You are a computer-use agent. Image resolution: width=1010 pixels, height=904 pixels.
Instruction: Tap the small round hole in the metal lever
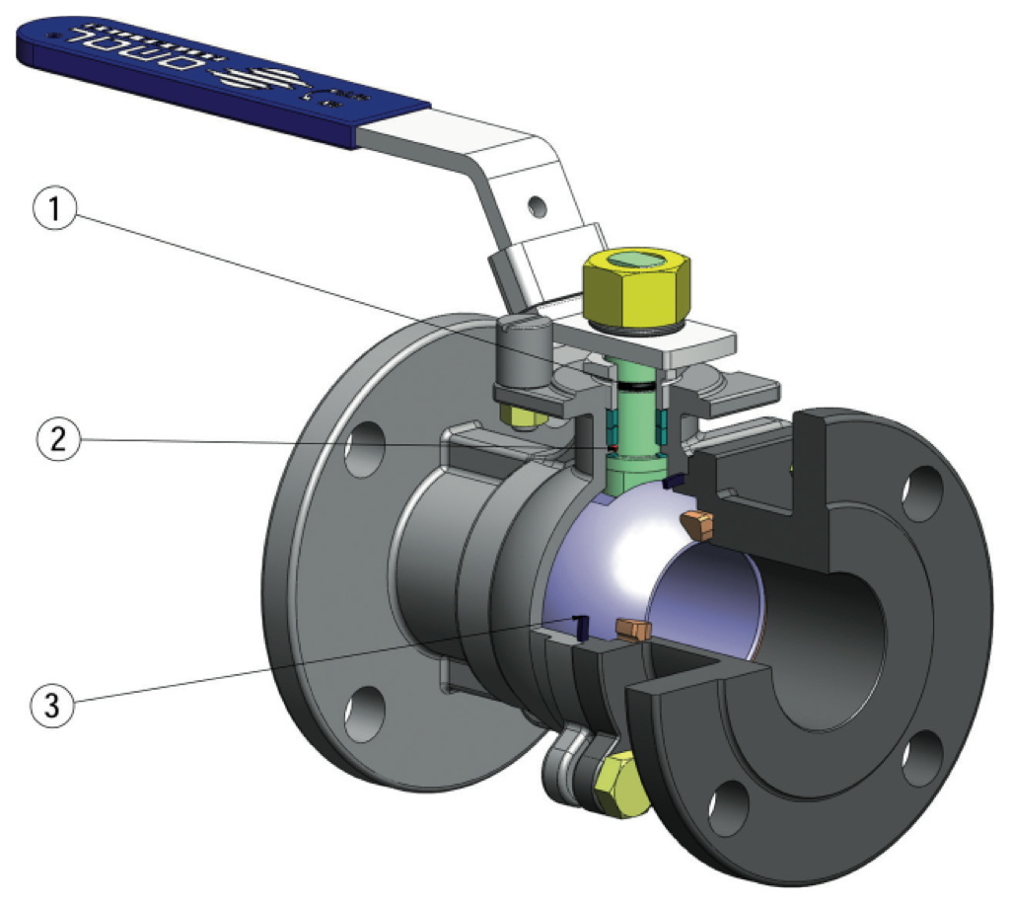point(537,205)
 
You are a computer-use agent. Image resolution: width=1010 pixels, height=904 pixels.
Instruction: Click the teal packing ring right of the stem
point(662,423)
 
